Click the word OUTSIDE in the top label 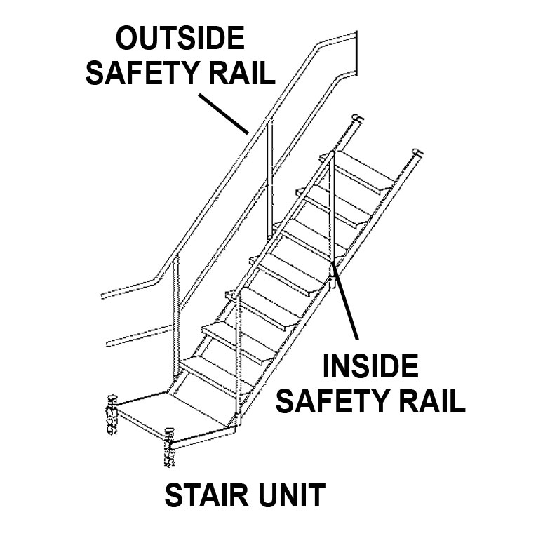(x=180, y=38)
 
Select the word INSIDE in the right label (x=370, y=367)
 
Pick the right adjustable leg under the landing (x=168, y=449)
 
